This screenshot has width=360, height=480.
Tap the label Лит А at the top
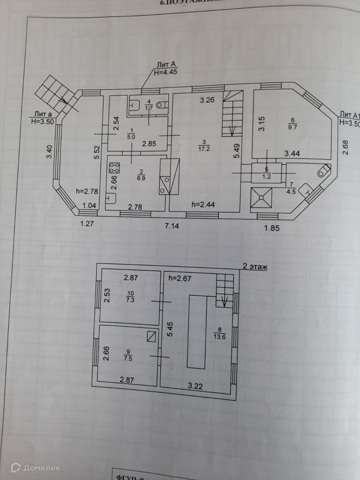166,64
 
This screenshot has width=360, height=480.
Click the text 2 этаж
255,267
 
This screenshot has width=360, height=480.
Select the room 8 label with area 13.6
219,333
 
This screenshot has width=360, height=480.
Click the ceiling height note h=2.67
180,278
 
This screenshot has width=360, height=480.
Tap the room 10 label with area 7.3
130,297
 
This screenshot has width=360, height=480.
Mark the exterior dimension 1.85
272,228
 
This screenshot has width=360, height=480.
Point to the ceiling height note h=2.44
204,204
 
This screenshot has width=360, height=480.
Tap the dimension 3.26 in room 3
207,100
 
